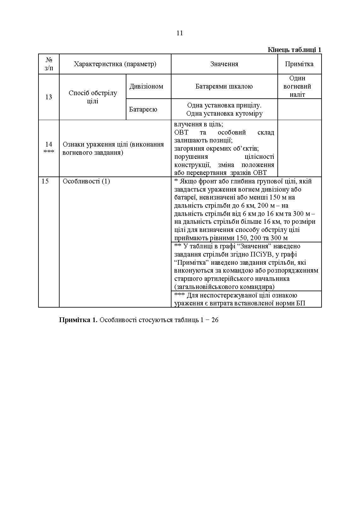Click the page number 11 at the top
[x=180, y=33]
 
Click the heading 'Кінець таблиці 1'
[x=294, y=50]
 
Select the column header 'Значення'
[x=224, y=64]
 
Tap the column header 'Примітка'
[x=299, y=64]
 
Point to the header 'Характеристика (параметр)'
[x=115, y=64]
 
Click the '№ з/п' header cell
[x=49, y=64]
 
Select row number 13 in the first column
[x=49, y=97]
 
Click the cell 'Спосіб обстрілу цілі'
[x=93, y=97]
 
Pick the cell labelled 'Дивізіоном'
[x=146, y=86]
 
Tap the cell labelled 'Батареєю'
[x=143, y=109]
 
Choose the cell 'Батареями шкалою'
[x=224, y=86]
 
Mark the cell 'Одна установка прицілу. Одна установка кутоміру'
[x=224, y=109]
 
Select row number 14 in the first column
[x=49, y=145]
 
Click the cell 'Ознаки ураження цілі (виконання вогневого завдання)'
[x=113, y=148]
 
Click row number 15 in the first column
[x=45, y=181]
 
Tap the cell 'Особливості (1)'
[x=86, y=181]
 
